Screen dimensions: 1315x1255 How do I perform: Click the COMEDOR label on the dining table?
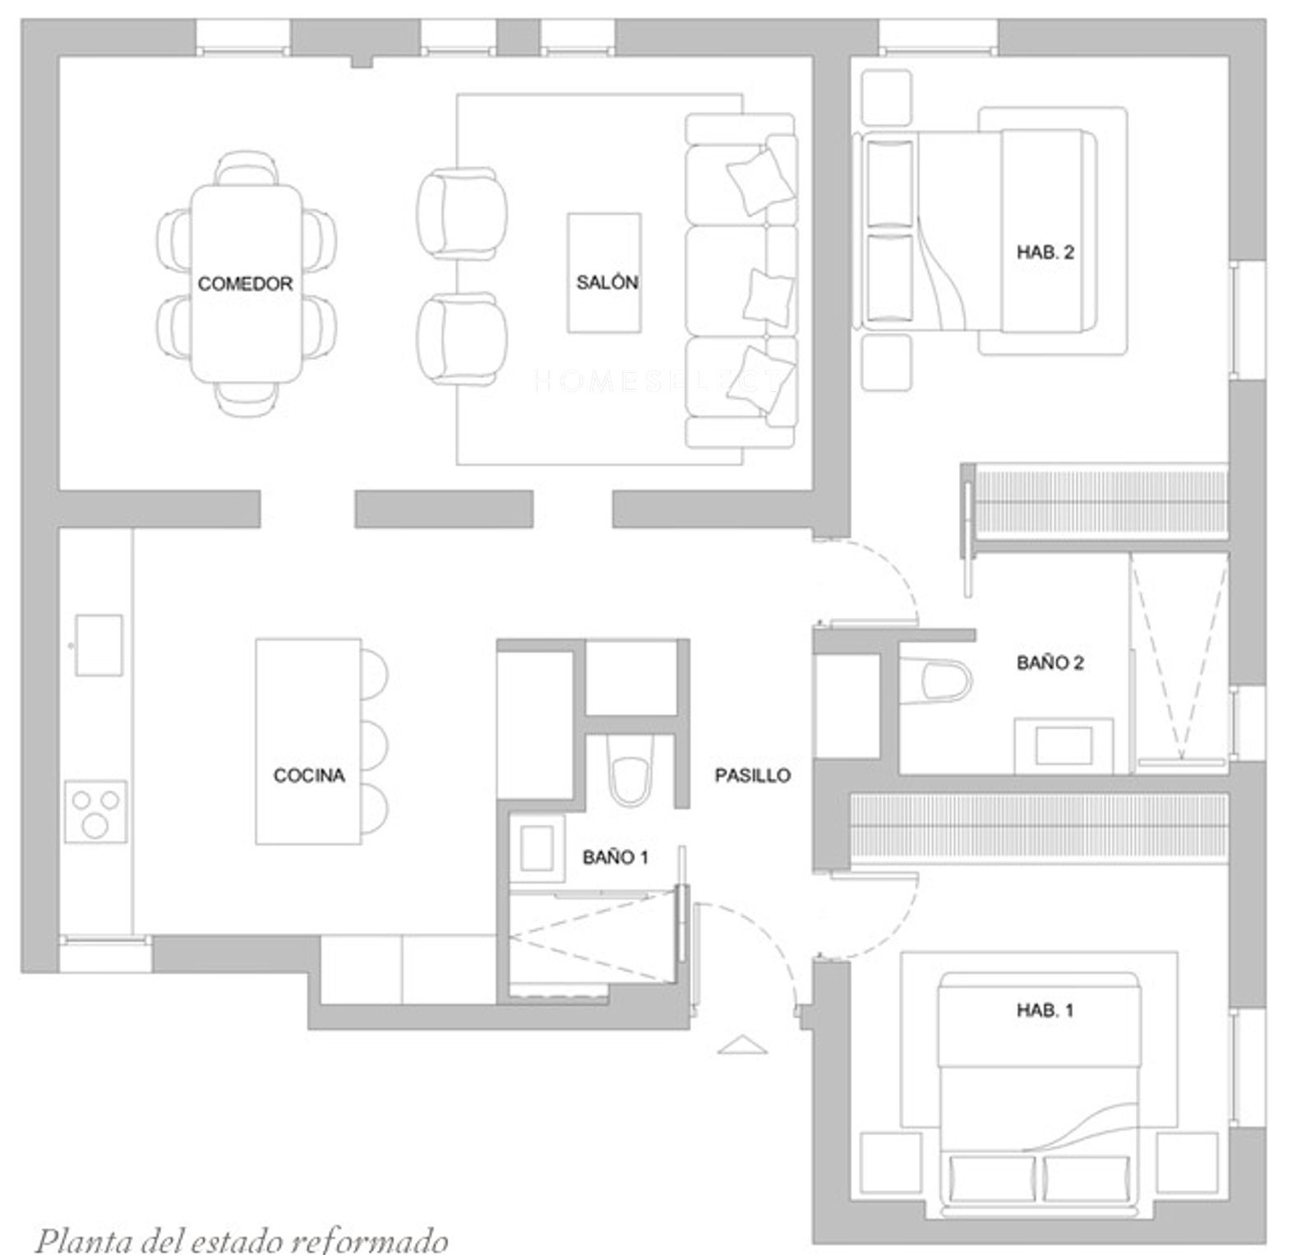tap(245, 284)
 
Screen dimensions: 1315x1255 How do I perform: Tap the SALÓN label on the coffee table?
tap(607, 282)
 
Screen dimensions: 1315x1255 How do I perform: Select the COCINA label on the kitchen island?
tap(309, 775)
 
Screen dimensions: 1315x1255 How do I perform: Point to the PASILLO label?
tap(753, 775)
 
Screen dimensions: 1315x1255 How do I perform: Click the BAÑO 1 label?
tap(616, 857)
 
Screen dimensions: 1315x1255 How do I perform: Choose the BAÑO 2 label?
tap(1050, 662)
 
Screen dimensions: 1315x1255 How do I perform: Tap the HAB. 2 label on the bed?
tap(1045, 252)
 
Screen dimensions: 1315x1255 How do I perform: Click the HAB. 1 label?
tap(1045, 1010)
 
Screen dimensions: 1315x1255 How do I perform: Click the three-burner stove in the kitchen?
tap(96, 811)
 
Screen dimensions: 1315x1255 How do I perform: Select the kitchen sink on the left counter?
tap(99, 645)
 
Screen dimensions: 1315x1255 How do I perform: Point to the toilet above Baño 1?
tap(631, 770)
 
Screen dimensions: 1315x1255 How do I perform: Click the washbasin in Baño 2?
tap(1064, 745)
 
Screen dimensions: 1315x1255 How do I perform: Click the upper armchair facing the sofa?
tap(461, 210)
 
